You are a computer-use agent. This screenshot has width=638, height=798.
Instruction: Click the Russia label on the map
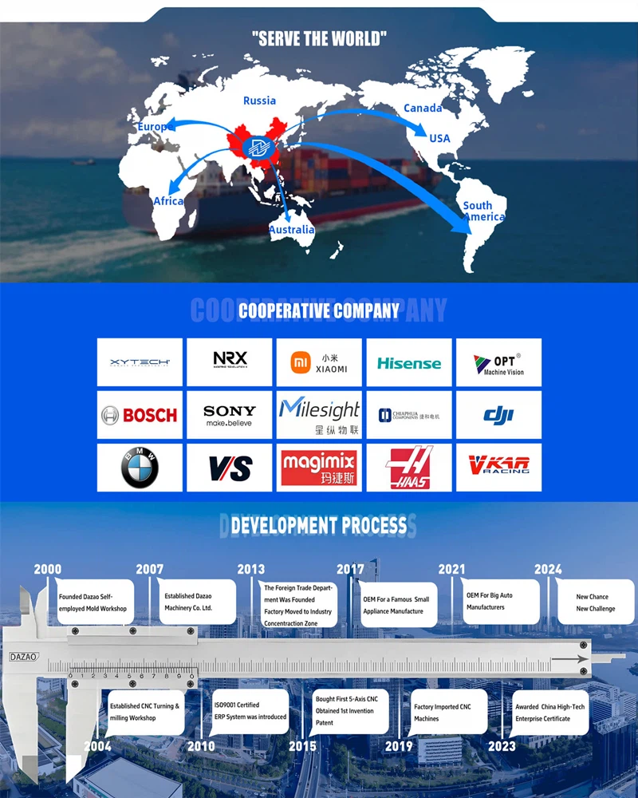point(259,101)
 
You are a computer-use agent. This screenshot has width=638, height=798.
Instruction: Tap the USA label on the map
point(439,138)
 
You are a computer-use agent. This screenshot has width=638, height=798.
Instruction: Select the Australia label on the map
point(291,230)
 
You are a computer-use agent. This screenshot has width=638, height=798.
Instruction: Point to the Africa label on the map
point(168,201)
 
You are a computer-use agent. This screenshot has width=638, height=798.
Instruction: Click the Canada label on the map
point(423,108)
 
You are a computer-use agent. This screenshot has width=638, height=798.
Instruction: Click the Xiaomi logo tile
point(319,362)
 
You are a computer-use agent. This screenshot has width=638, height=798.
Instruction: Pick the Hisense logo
point(408,363)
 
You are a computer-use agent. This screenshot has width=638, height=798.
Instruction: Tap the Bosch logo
point(140,415)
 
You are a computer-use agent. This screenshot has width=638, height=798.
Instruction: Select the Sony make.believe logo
point(230,415)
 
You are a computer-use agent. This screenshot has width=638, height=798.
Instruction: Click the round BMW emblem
point(140,468)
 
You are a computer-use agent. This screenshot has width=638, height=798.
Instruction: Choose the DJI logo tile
point(498,415)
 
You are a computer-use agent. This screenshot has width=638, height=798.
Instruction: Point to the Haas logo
point(408,468)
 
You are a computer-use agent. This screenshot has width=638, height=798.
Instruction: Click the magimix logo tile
point(319,468)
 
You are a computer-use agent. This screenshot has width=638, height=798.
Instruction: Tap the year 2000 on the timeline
point(47,570)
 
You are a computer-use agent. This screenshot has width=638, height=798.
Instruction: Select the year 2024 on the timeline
point(548,570)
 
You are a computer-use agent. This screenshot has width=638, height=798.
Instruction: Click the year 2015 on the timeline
point(302,746)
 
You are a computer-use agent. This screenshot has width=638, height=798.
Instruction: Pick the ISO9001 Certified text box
point(250,711)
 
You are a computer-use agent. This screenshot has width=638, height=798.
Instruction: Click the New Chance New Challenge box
point(596,602)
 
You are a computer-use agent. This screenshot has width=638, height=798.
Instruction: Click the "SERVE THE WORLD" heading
point(319,38)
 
